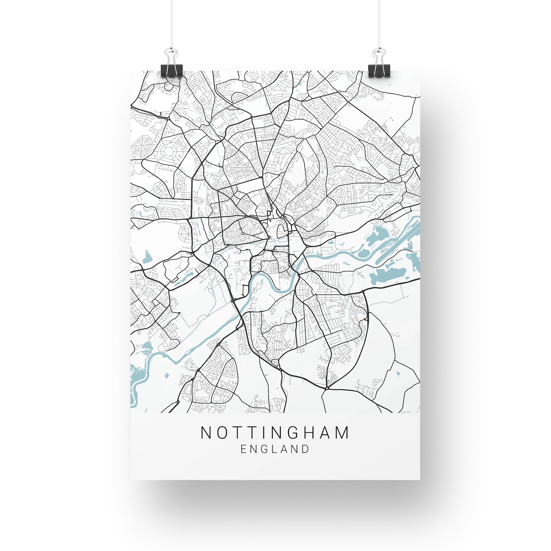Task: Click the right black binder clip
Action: (379, 70)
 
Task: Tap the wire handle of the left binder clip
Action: (172, 55)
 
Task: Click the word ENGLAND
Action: (275, 449)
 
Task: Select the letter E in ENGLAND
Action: (244, 449)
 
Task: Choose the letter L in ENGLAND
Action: (274, 449)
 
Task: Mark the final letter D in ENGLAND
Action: (305, 449)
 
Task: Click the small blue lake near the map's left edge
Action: (147, 257)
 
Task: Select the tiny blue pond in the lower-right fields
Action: (398, 374)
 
